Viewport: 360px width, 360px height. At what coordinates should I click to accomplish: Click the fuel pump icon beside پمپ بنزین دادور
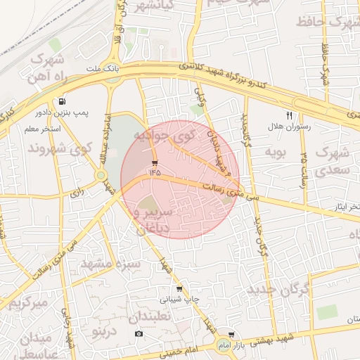click(63, 101)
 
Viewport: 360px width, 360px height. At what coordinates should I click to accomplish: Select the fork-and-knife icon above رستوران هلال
click(289, 115)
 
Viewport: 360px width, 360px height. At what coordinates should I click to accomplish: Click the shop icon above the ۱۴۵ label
click(154, 162)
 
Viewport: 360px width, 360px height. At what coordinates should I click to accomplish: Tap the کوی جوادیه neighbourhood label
click(161, 133)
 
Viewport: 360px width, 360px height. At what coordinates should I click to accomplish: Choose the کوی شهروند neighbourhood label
click(60, 149)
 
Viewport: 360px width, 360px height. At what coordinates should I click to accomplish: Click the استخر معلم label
click(43, 129)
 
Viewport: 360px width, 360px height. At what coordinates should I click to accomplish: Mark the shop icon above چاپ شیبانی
click(179, 288)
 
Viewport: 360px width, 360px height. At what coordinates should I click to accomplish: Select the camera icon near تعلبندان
click(139, 333)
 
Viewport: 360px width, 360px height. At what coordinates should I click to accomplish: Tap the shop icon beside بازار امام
click(231, 335)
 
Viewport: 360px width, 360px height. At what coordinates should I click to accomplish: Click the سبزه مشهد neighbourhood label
click(111, 264)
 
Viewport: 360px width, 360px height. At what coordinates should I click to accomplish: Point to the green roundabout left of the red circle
click(102, 175)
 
